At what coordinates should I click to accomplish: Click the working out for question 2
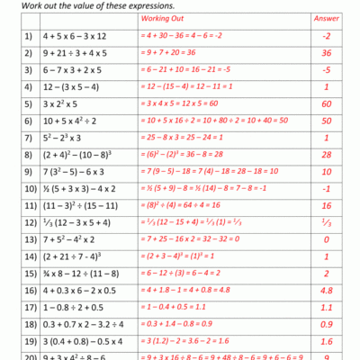(176, 52)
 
